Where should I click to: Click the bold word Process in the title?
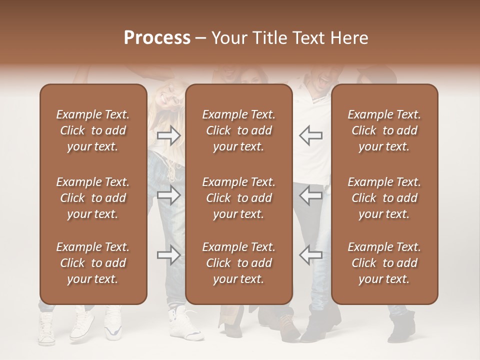157,37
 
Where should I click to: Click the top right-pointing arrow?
169,135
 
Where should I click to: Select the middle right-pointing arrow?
169,195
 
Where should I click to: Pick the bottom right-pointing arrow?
169,255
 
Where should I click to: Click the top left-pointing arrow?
310,135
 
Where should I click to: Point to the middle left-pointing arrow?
310,195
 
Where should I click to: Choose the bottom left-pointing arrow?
310,255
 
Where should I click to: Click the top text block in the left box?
93,130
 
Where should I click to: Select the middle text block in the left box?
93,198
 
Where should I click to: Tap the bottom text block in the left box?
93,263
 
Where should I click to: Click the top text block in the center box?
239,130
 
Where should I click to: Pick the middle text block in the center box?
239,198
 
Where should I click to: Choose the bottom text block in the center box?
239,263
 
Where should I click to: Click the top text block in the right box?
384,130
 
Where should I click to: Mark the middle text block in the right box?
384,198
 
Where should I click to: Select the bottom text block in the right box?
384,263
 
